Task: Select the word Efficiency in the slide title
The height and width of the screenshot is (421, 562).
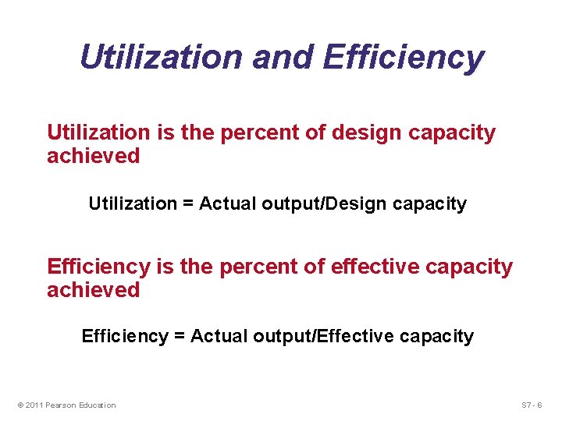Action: [x=403, y=57]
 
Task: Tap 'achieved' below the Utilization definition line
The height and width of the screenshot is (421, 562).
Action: [x=93, y=156]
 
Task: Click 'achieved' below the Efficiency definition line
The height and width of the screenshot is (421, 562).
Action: [x=93, y=290]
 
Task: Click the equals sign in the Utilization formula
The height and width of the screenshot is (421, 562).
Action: [x=188, y=204]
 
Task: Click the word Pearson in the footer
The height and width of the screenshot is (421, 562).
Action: [x=62, y=405]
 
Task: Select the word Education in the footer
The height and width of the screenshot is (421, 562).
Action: [x=98, y=405]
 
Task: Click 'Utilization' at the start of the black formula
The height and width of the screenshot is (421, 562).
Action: [x=133, y=204]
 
